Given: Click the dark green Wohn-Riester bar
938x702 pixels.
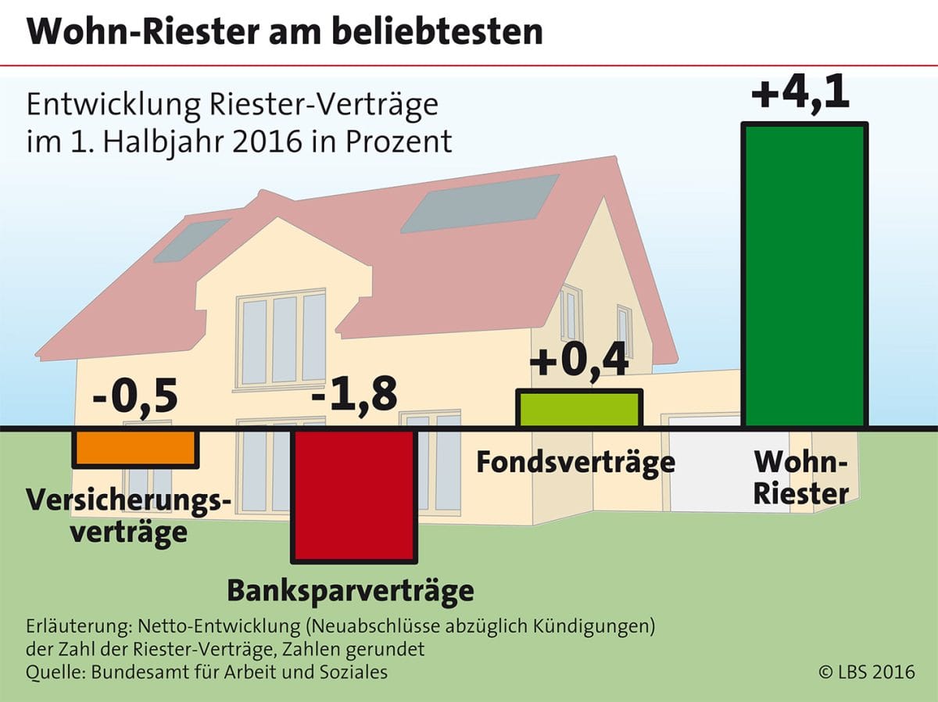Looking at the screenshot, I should pos(806,275).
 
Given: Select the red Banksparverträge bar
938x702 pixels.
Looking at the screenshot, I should pos(353,494).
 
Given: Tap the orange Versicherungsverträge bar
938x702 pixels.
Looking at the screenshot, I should pos(134,448).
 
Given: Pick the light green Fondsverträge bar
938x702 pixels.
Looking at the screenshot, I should pos(579,409).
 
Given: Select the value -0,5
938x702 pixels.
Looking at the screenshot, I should pos(135,397).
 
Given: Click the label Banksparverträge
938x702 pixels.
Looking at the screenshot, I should pos(350,590).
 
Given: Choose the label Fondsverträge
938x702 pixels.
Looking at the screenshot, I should pos(575,462).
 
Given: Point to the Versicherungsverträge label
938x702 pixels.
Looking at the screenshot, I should pos(129,516).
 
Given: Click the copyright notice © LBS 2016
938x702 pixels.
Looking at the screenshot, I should pos(866,672).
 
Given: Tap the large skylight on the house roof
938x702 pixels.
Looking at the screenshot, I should pos(480,202).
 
